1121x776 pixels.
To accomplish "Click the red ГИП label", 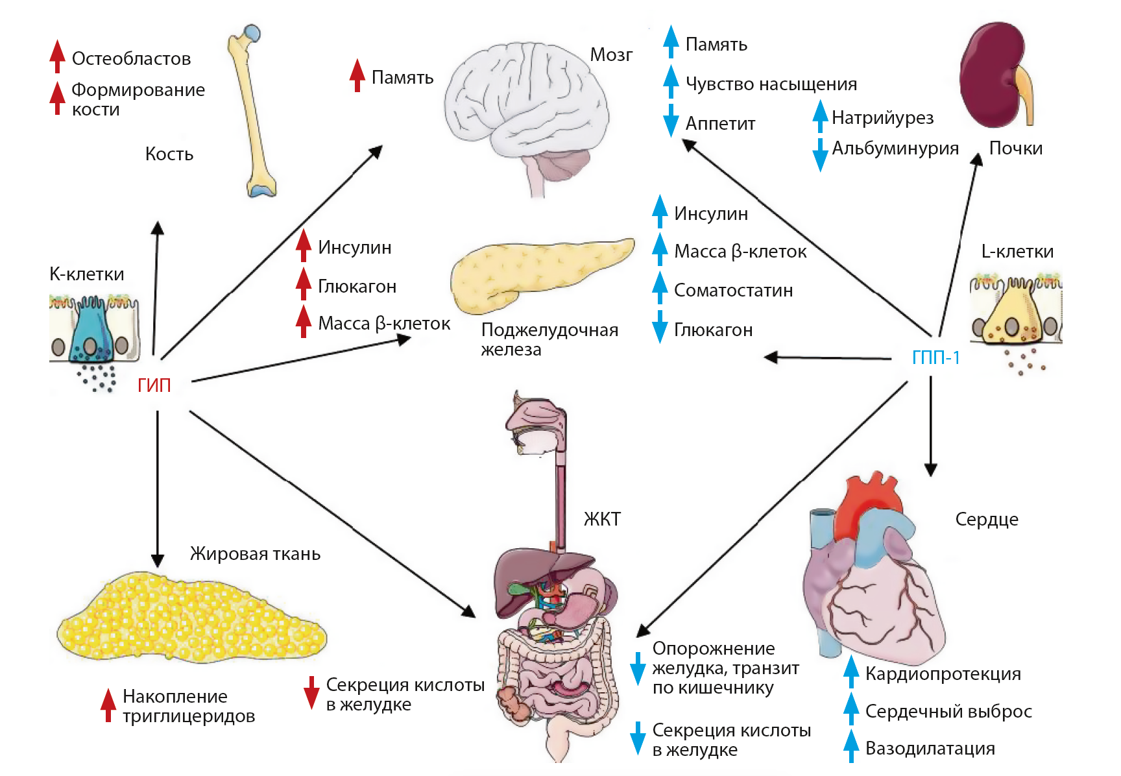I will pyautogui.click(x=154, y=385).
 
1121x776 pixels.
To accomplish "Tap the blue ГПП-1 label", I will pyautogui.click(x=935, y=358).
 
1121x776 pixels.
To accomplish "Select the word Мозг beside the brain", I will pyautogui.click(x=610, y=55).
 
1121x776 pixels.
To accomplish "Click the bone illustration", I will pyautogui.click(x=253, y=110).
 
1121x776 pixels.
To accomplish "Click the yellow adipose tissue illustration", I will pyautogui.click(x=191, y=620).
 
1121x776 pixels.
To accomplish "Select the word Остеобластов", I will pyautogui.click(x=131, y=59).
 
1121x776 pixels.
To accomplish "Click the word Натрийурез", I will pyautogui.click(x=882, y=118).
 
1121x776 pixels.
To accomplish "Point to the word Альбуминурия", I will pyautogui.click(x=895, y=149).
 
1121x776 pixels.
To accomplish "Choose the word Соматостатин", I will pyautogui.click(x=733, y=291).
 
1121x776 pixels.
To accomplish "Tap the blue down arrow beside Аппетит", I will pyautogui.click(x=671, y=121).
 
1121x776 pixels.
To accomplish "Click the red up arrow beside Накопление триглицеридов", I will pyautogui.click(x=108, y=705).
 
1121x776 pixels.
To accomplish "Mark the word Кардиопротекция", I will pyautogui.click(x=943, y=674).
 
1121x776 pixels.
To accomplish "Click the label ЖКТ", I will pyautogui.click(x=602, y=519).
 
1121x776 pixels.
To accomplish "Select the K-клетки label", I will pyautogui.click(x=86, y=274).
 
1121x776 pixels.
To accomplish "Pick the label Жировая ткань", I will pyautogui.click(x=255, y=554).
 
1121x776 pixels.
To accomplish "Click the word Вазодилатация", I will pyautogui.click(x=930, y=749).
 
